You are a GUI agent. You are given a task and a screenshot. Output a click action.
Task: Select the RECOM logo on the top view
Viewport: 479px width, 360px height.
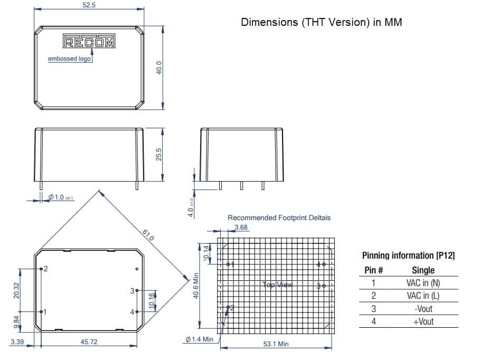[x=89, y=42]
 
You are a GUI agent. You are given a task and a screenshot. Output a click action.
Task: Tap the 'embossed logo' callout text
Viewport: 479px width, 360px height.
[x=69, y=59]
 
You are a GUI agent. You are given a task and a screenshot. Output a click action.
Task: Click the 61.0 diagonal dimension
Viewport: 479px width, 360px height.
[x=148, y=235]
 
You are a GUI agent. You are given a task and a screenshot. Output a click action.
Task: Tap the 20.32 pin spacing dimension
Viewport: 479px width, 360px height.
[x=16, y=289]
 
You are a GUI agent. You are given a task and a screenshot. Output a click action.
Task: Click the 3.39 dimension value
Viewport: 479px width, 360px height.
[x=16, y=342]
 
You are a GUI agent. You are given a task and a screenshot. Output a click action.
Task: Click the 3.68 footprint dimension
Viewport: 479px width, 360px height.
[x=240, y=228]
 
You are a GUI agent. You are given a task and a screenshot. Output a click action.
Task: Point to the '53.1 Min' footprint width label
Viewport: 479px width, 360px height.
[x=276, y=344]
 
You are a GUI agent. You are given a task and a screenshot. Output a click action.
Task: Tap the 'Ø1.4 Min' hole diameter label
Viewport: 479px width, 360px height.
[x=199, y=339]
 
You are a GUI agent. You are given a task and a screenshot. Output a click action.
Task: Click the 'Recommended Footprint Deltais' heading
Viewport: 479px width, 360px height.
[x=279, y=217]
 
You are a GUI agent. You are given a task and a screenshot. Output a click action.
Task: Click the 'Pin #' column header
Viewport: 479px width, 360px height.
[x=373, y=270]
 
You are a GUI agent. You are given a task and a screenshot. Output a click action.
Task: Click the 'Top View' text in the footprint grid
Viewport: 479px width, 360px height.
[x=277, y=285]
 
